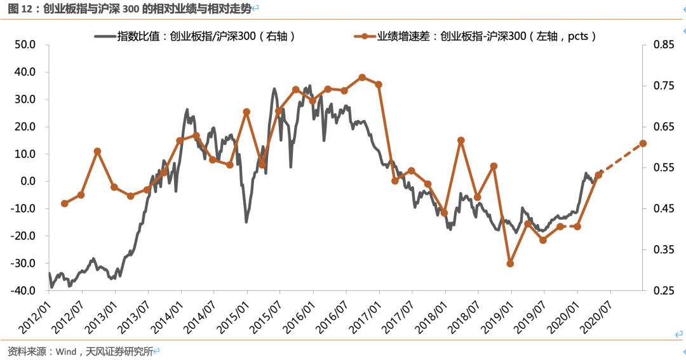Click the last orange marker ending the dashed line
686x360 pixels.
(643, 143)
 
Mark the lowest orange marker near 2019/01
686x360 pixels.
(510, 263)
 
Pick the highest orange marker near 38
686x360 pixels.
(362, 77)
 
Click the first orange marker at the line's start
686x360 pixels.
(64, 204)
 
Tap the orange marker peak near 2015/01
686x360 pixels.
(246, 112)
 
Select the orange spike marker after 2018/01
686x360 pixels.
(461, 140)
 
